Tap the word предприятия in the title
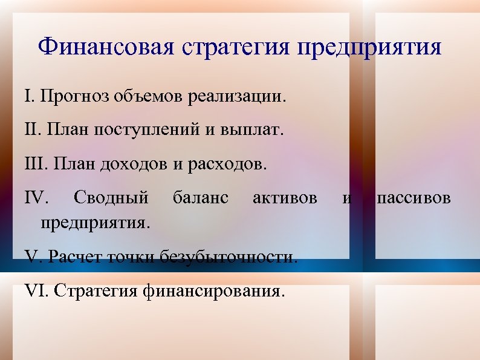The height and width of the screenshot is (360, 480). pos(369,47)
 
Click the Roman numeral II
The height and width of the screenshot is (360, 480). pos(31,130)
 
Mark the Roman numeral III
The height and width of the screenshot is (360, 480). pos(34,164)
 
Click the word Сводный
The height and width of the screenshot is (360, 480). pos(110,198)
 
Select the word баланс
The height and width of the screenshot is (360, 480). pos(201,197)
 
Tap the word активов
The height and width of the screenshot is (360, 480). pos(285,197)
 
